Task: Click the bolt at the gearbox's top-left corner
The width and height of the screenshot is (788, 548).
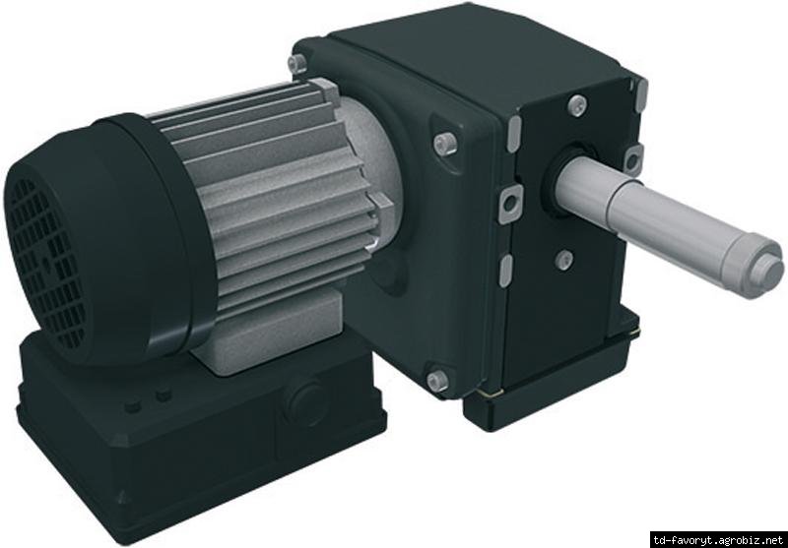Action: click(x=296, y=64)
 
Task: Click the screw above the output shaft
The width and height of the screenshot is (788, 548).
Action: click(x=577, y=105)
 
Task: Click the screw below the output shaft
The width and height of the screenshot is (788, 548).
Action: click(x=563, y=260)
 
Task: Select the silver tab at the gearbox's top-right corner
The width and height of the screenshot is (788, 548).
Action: click(x=641, y=92)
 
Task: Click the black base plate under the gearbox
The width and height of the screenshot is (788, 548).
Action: click(x=552, y=398)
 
